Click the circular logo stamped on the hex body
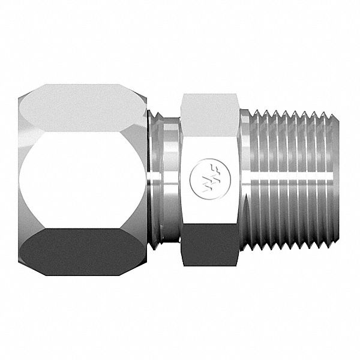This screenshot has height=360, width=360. pos(202,179)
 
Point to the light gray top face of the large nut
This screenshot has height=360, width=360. pos(81,108)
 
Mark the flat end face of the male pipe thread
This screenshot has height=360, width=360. pos(340,180)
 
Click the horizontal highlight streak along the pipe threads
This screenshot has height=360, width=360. pos(294,179)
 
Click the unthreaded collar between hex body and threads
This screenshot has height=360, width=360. pos(244,180)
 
